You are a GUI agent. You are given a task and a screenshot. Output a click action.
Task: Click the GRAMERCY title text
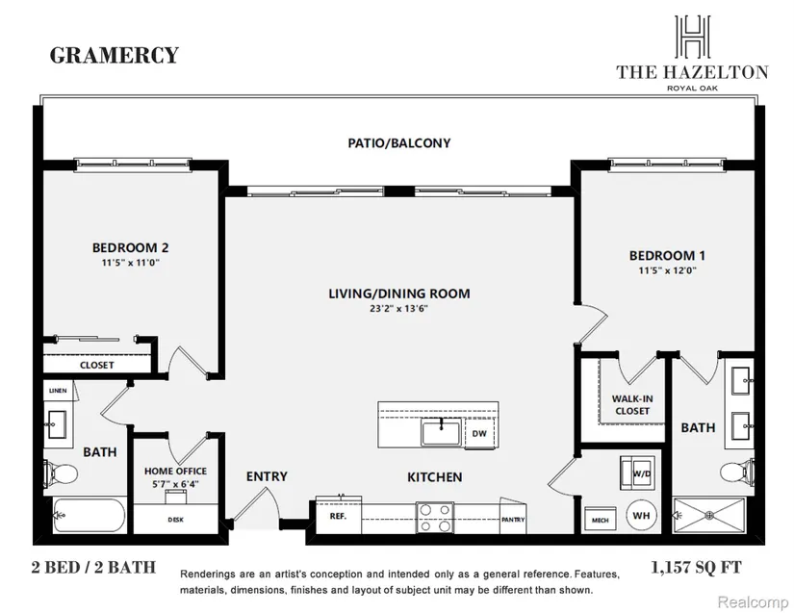tap(115, 55)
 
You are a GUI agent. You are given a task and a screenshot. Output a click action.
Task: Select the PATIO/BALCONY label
tap(398, 143)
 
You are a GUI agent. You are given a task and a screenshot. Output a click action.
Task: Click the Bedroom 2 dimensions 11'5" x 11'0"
tap(131, 262)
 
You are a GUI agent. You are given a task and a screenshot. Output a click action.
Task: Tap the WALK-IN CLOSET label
tap(630, 404)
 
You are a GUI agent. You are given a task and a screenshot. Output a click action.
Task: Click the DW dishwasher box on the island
tap(478, 434)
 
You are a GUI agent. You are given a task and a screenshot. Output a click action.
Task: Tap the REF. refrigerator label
tap(338, 516)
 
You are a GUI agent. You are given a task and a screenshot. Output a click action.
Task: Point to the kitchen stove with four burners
tap(434, 519)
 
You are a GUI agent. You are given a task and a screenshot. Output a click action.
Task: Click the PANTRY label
tap(512, 520)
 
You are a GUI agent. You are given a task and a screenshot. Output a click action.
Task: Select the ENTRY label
tap(267, 476)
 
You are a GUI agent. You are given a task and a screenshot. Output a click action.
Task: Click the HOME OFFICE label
tap(176, 471)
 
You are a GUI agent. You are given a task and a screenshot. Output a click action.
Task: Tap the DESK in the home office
tap(175, 519)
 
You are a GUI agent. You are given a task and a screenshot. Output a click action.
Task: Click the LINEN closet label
tap(58, 390)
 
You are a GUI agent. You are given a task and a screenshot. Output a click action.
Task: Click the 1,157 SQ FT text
tap(696, 568)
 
